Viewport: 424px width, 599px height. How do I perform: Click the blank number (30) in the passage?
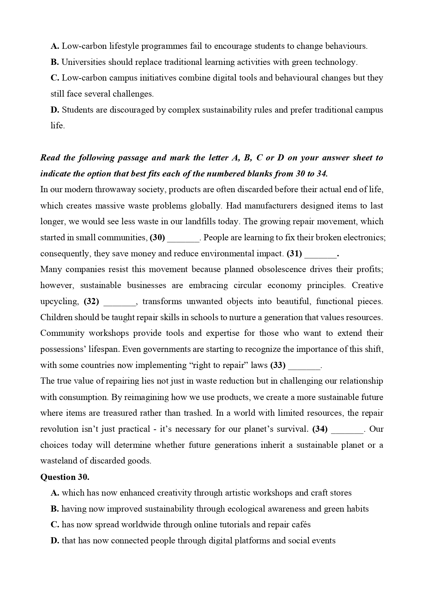coord(157,238)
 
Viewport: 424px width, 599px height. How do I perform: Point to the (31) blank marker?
coord(294,254)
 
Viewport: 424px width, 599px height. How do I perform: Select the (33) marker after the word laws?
coord(278,365)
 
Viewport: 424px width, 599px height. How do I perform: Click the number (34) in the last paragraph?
coord(320,429)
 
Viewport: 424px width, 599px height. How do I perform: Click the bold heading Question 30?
coord(65,477)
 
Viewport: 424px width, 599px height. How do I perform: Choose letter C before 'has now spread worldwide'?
coord(55,525)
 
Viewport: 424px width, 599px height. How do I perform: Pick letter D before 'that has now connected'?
coord(55,541)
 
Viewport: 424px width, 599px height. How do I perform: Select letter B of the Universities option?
coord(55,62)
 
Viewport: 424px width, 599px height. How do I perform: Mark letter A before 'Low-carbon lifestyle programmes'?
coord(55,46)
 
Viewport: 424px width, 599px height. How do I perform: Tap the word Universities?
coord(83,62)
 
